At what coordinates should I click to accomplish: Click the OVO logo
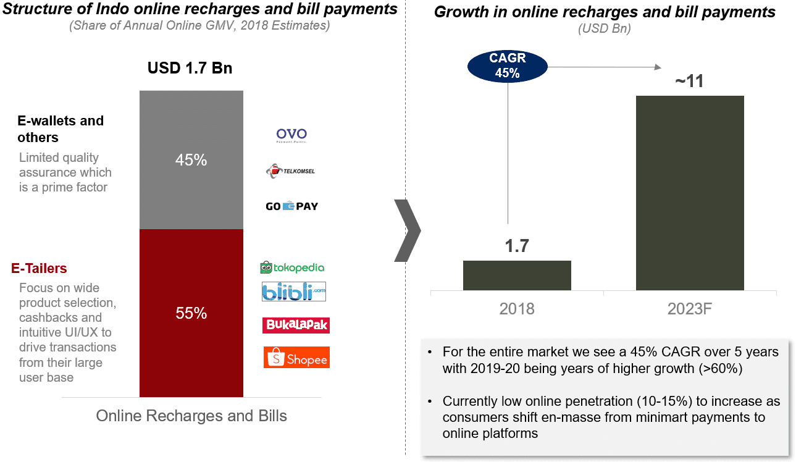[291, 135]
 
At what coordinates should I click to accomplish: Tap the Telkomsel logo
[290, 170]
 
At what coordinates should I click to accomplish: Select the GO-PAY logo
[291, 206]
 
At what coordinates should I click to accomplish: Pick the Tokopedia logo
[292, 267]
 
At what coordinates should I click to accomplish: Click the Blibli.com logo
[293, 292]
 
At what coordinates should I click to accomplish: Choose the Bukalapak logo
[295, 324]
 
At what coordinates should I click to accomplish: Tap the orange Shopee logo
[296, 358]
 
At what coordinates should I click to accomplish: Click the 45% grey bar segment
[191, 160]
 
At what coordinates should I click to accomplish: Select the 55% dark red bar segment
[191, 313]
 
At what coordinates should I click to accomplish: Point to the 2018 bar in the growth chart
[517, 275]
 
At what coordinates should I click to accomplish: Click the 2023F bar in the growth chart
[690, 193]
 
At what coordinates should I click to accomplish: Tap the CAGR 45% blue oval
[508, 65]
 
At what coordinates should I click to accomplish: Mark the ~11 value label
[689, 81]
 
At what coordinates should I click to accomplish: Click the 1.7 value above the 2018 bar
[517, 246]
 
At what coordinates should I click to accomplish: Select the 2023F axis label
[690, 308]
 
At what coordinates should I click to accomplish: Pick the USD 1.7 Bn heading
[190, 68]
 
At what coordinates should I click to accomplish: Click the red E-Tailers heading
[40, 269]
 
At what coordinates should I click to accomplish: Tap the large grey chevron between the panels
[408, 230]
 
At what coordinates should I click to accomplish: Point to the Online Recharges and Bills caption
[191, 416]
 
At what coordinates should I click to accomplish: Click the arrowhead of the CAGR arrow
[659, 67]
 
